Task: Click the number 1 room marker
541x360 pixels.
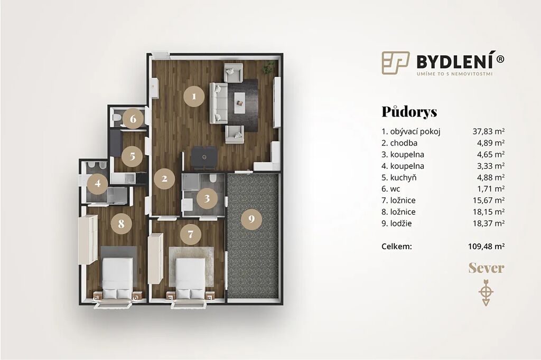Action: tap(194, 96)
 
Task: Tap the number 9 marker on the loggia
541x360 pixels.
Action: tap(251, 219)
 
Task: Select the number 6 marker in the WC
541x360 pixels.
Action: tap(133, 119)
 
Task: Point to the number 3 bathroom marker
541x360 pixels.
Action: tap(207, 198)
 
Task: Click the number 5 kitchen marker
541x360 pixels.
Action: tap(133, 156)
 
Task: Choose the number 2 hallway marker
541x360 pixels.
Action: tap(165, 178)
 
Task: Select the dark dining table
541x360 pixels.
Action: tap(204, 158)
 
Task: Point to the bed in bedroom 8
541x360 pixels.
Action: tap(118, 278)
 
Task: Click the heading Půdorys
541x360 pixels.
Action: tap(409, 112)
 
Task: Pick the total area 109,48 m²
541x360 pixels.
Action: tap(487, 247)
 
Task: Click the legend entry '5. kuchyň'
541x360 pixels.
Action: tap(399, 177)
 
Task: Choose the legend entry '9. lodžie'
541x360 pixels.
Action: tap(397, 223)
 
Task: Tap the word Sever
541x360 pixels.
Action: tap(486, 268)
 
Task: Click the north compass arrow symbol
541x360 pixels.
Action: tap(486, 292)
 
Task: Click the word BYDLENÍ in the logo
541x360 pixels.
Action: tap(456, 61)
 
